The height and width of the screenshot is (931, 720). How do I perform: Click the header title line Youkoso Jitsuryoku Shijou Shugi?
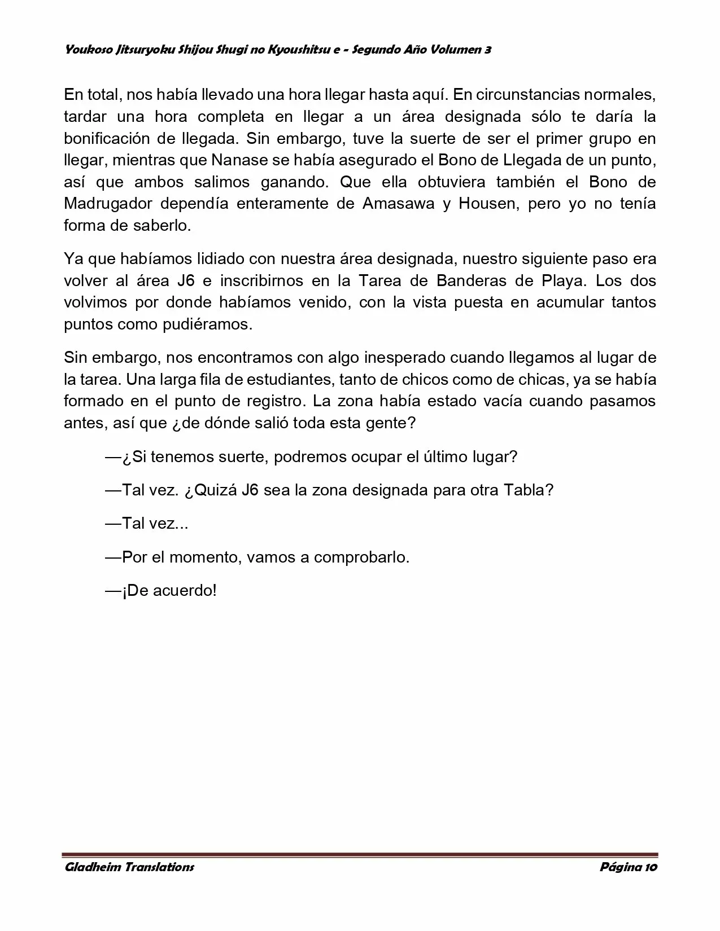(x=277, y=50)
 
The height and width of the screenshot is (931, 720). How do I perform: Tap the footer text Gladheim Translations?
(x=129, y=867)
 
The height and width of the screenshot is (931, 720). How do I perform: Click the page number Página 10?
(x=627, y=867)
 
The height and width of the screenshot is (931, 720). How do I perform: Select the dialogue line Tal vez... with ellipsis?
(x=147, y=524)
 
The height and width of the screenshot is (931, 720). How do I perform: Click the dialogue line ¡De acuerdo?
(x=162, y=591)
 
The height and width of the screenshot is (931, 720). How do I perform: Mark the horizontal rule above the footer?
(x=360, y=855)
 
